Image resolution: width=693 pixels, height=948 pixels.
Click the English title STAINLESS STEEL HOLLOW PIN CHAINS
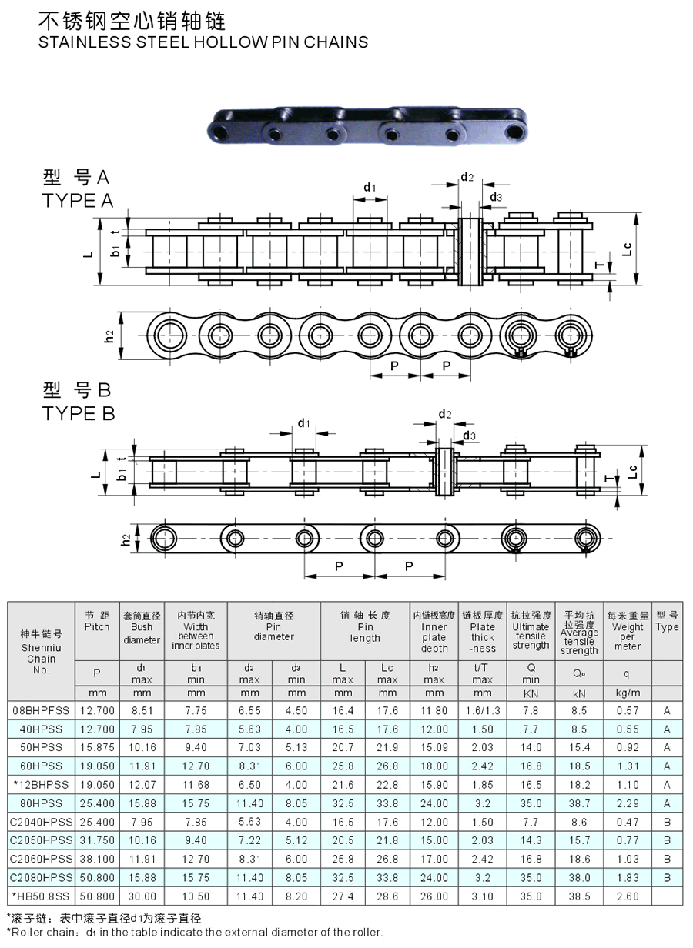[203, 42]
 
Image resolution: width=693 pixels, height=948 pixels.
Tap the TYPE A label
[78, 201]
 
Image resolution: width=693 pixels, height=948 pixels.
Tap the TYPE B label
[79, 413]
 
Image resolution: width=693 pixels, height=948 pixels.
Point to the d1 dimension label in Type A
[370, 187]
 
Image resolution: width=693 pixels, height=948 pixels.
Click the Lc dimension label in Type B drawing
[632, 472]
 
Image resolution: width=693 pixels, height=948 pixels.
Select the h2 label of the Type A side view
[109, 336]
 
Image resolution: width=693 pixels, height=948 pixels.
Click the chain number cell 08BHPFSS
[41, 710]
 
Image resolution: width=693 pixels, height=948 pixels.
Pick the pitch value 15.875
[98, 748]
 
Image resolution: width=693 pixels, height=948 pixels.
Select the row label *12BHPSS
[41, 785]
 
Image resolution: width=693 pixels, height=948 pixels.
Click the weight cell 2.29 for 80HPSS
[628, 803]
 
